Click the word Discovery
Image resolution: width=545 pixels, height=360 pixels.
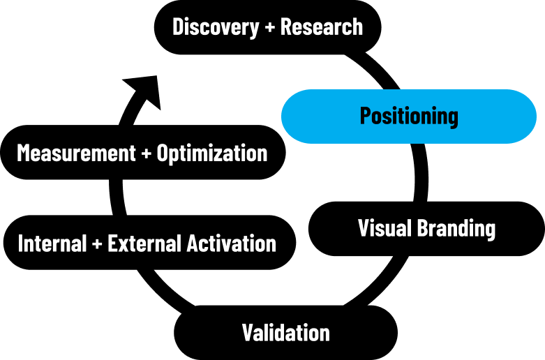coord(216,27)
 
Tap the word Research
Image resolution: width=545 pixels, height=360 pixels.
coord(322,27)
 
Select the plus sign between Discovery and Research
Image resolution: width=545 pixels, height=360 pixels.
coord(270,27)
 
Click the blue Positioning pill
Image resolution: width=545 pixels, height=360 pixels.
coord(409,117)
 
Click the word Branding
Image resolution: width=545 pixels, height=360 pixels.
coord(456,230)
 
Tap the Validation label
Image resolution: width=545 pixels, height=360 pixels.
coord(285,333)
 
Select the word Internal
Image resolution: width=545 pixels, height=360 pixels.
coord(52,243)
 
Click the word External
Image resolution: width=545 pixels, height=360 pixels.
coord(145,243)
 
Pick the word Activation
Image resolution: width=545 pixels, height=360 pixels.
coord(232,243)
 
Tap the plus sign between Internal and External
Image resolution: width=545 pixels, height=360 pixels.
coord(97,243)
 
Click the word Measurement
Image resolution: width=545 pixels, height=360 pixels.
coord(76,153)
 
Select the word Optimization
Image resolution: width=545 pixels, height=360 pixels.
coord(212,153)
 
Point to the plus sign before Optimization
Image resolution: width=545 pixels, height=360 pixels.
coord(147,153)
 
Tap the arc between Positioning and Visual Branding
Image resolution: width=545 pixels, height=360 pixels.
coord(421,173)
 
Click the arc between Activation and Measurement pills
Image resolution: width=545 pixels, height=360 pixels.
coord(116,197)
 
